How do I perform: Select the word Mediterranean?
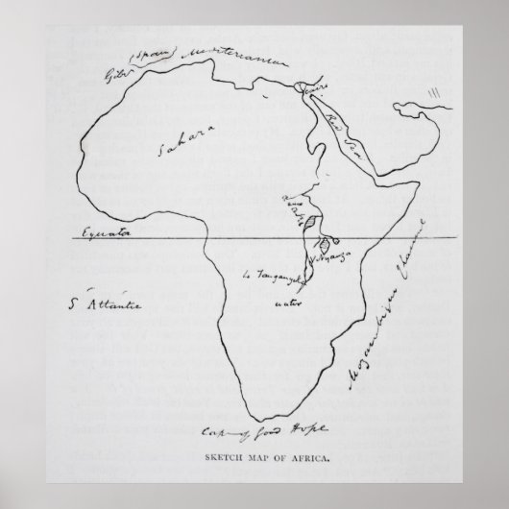[x=237, y=61]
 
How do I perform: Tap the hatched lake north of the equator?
[x=310, y=223]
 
